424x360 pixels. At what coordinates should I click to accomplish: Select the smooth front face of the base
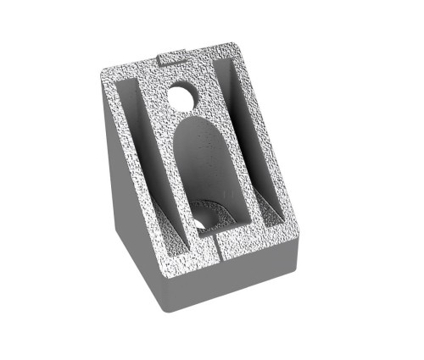229,288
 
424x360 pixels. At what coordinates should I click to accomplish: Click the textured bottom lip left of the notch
191,254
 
